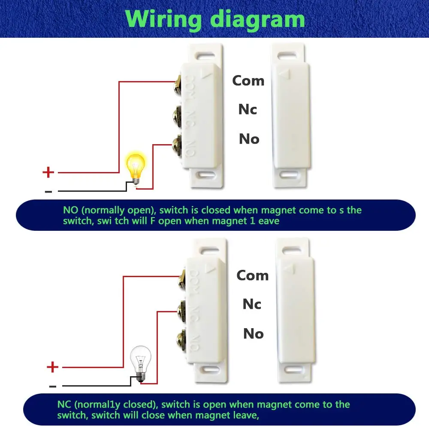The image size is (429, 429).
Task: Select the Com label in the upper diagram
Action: click(248, 80)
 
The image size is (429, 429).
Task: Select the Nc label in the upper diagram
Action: click(248, 109)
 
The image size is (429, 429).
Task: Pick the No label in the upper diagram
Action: click(249, 139)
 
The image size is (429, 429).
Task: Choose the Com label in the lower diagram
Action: click(252, 275)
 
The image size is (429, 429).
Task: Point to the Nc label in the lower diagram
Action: click(252, 304)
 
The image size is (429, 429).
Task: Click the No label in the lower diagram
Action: click(253, 333)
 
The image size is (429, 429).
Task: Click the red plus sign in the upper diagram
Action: click(48, 172)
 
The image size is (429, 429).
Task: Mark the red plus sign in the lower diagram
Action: click(52, 367)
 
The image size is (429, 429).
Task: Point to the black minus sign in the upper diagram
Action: click(48, 191)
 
